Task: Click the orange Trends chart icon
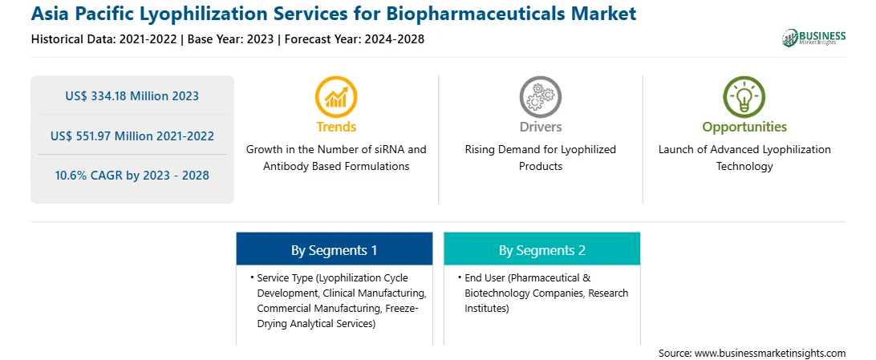(x=336, y=96)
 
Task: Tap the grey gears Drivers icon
(x=540, y=96)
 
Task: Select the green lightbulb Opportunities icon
(x=744, y=96)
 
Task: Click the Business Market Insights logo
(x=814, y=38)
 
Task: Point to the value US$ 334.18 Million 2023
(x=132, y=96)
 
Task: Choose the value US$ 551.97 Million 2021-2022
(x=132, y=136)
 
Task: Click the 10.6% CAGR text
(x=132, y=176)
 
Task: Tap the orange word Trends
(x=336, y=127)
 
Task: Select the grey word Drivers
(x=540, y=127)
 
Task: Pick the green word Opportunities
(x=744, y=127)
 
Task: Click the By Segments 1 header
(x=334, y=249)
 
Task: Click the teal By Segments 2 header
(x=542, y=249)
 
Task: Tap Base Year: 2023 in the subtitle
(x=231, y=39)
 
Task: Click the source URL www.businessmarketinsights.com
(x=770, y=354)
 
